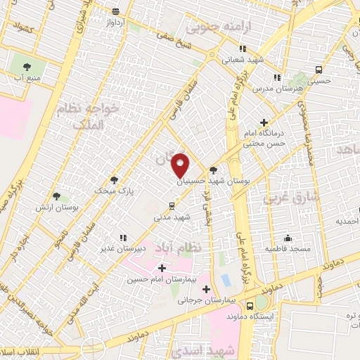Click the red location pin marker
click(x=181, y=165)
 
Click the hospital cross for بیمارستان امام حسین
click(x=162, y=268)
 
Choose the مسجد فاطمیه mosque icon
click(x=287, y=238)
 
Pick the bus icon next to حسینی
click(x=319, y=70)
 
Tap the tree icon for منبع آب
click(x=27, y=67)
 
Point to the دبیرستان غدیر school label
click(x=141, y=248)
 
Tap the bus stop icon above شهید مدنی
click(x=172, y=206)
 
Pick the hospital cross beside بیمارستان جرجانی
click(x=206, y=289)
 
